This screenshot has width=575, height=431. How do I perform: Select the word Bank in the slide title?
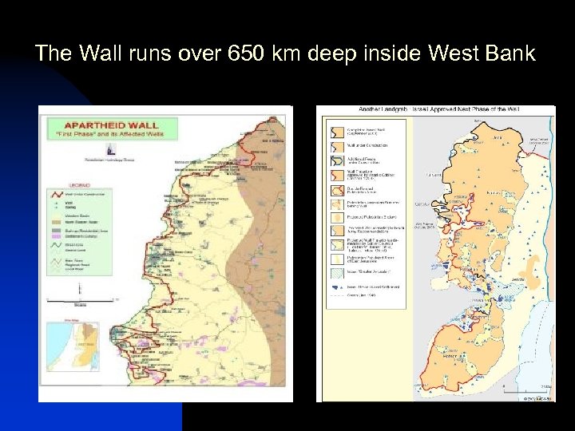coord(509,54)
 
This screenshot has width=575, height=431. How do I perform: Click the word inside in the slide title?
coord(393,54)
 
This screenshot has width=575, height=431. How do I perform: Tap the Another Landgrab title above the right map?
coord(435,110)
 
